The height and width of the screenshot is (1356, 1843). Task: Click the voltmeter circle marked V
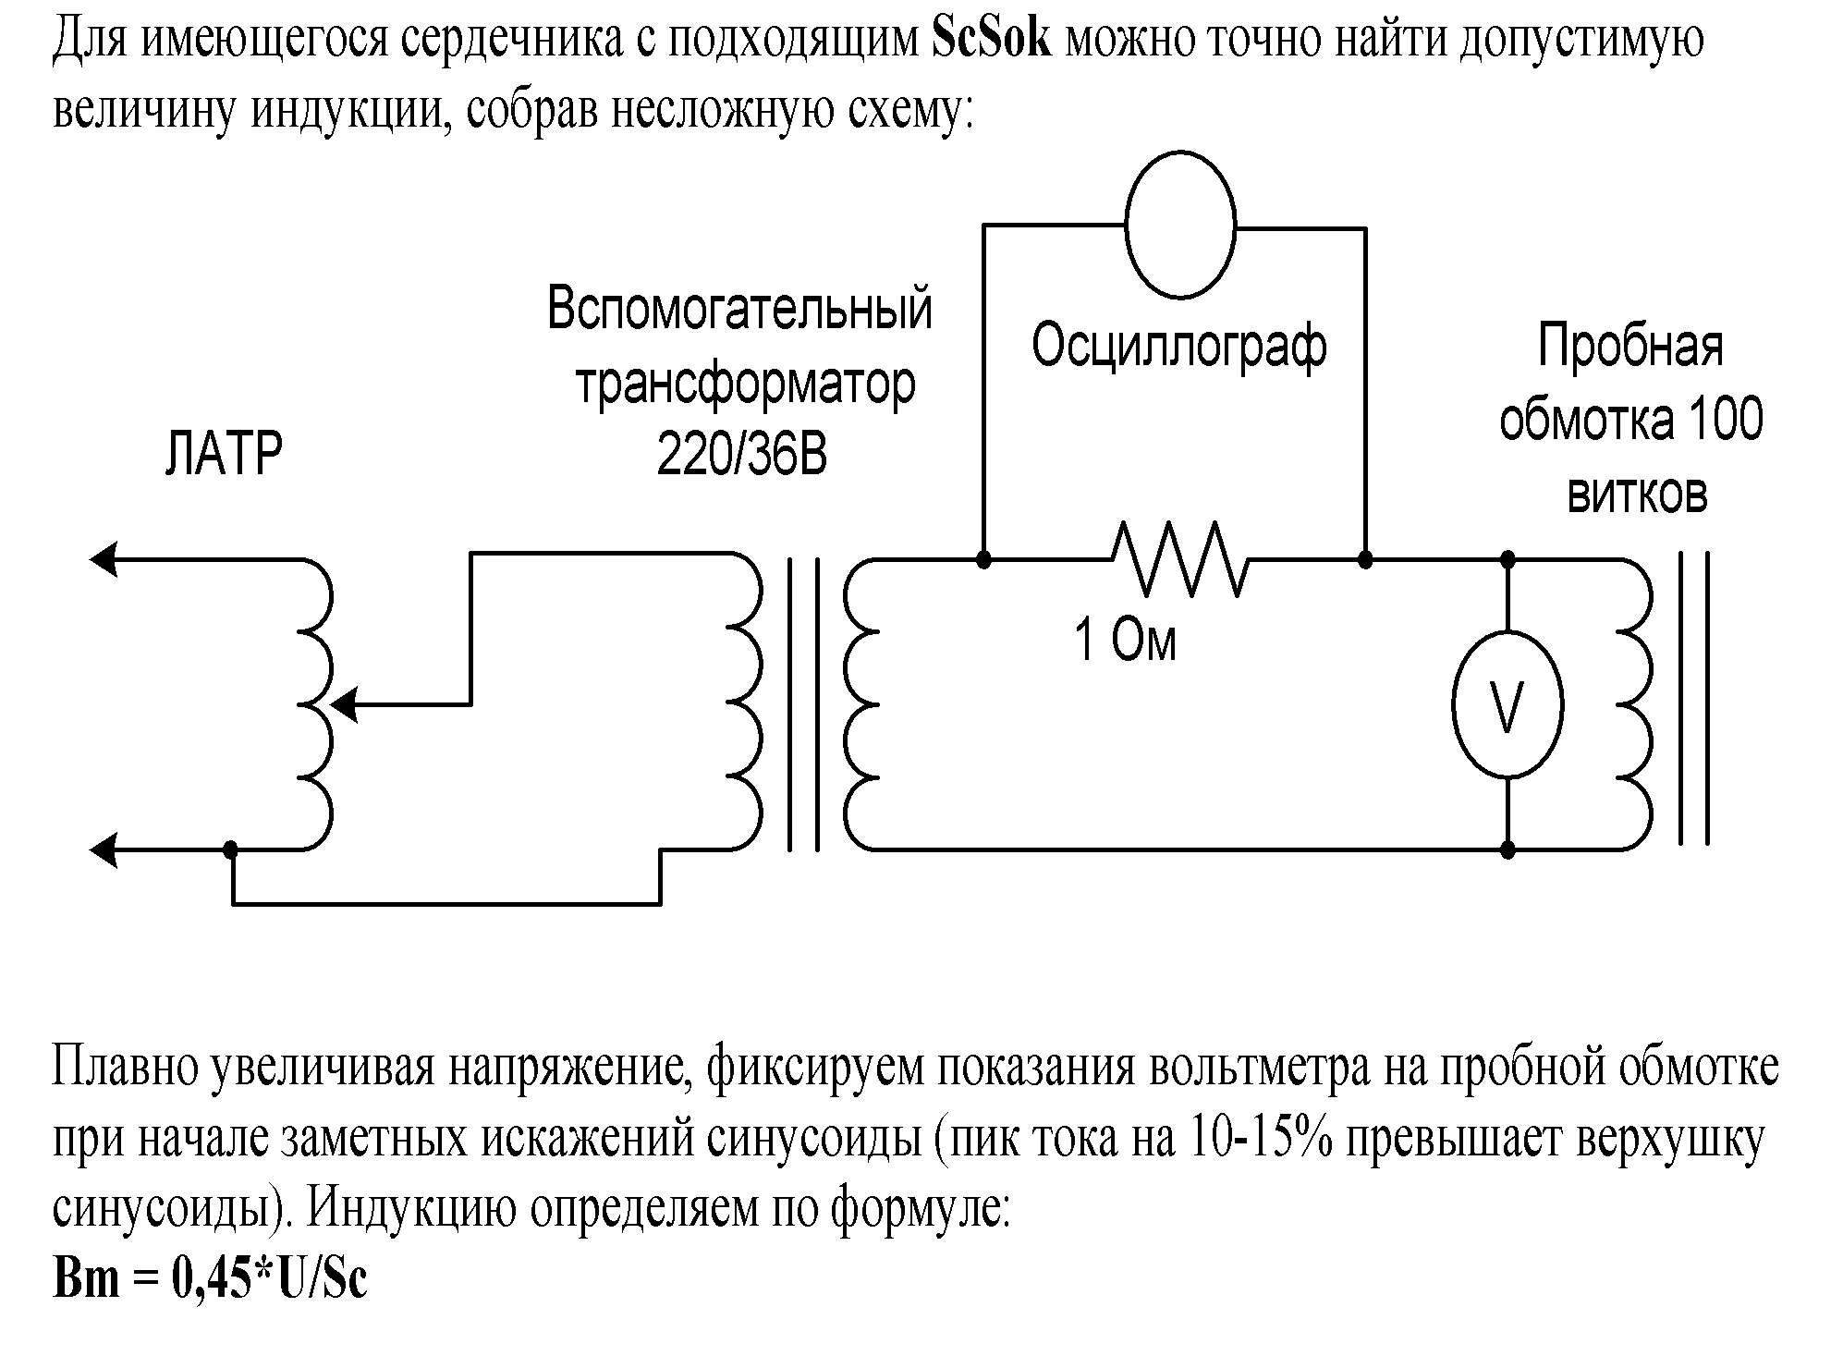pos(1507,706)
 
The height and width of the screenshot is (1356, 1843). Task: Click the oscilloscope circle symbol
pos(1180,226)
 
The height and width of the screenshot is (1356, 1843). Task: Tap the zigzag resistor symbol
pos(1179,559)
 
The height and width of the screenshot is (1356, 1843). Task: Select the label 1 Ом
pos(1125,640)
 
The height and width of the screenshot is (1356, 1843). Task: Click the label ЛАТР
pos(223,453)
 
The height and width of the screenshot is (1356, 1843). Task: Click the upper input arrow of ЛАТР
pos(103,558)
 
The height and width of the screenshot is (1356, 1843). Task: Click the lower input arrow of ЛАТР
pos(103,849)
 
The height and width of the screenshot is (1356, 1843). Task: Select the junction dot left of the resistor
pos(984,559)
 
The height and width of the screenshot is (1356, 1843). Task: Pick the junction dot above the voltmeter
pos(1507,559)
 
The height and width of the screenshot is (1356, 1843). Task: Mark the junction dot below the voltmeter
pos(1507,849)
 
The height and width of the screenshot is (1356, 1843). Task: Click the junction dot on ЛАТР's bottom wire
pos(232,849)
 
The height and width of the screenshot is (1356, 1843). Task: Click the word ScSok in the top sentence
pos(992,40)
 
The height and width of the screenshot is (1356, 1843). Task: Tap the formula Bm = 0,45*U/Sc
pos(211,1278)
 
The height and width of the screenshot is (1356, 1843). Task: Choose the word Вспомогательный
pos(739,309)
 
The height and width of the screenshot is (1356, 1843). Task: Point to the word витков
pos(1637,495)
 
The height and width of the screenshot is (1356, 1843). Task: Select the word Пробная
pos(1630,348)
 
